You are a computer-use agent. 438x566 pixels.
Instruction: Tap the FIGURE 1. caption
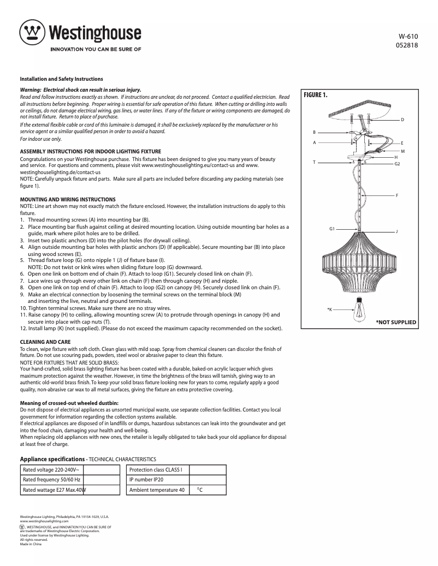point(316,95)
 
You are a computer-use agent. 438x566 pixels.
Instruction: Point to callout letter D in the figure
point(402,120)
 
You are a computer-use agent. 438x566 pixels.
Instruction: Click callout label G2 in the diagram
point(397,164)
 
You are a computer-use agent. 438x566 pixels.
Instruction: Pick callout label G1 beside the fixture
point(332,228)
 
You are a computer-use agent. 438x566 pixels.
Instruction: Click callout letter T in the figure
point(314,162)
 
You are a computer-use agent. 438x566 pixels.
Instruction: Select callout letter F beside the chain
point(396,195)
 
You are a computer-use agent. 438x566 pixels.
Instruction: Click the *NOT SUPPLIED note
point(396,323)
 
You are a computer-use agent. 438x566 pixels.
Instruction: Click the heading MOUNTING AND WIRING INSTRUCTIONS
point(68,200)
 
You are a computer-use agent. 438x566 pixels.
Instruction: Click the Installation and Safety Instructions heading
point(62,79)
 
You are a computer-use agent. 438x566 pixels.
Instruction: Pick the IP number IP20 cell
point(146,480)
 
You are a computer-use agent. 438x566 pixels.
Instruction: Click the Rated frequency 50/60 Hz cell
point(51,480)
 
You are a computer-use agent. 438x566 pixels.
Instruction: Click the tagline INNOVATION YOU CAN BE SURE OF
point(96,49)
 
